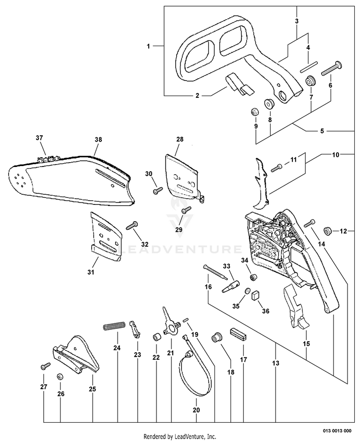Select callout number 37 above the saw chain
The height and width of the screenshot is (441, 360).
(x=39, y=138)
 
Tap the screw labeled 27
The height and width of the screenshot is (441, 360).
(x=46, y=366)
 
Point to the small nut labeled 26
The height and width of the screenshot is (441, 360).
(x=60, y=376)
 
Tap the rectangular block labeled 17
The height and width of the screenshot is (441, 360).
(x=239, y=334)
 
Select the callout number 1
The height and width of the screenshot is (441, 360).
(x=149, y=46)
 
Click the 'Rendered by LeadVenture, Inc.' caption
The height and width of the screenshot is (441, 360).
(x=180, y=436)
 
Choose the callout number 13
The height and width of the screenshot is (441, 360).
(x=276, y=364)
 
